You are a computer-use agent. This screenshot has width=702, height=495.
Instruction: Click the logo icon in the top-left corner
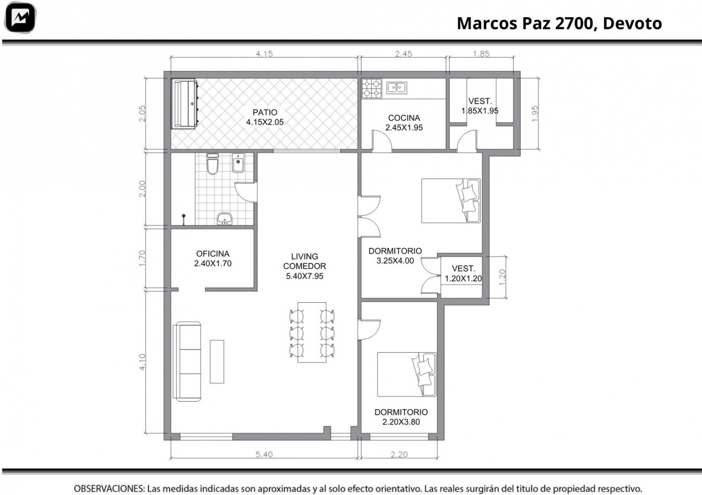click(x=19, y=18)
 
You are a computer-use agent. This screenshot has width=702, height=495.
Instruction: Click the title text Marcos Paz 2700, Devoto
click(x=559, y=23)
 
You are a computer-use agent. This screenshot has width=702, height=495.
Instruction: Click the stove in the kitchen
click(x=372, y=89)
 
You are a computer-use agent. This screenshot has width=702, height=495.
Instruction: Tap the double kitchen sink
click(x=396, y=88)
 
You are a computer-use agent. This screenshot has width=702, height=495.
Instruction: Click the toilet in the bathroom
click(x=212, y=164)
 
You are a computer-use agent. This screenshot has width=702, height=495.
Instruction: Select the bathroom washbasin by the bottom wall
click(x=224, y=218)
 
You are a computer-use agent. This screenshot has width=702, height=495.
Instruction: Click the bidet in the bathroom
click(x=238, y=163)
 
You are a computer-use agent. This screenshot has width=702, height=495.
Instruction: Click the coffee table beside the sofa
click(x=217, y=362)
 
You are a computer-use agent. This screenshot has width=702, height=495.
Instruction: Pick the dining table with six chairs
click(x=312, y=332)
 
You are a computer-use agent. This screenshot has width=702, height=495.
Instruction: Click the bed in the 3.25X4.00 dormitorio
click(x=451, y=201)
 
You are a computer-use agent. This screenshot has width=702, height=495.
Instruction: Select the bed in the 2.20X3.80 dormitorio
click(x=407, y=374)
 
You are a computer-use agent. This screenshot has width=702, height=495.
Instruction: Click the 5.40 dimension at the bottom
click(x=264, y=454)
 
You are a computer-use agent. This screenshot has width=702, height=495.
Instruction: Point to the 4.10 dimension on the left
click(x=142, y=362)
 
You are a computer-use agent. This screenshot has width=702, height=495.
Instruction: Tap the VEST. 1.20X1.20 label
click(x=463, y=274)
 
